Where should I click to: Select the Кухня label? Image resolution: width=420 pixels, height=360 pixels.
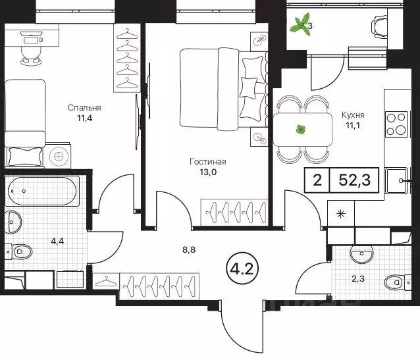[353, 115]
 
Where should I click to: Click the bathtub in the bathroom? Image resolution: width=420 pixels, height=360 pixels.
[43, 192]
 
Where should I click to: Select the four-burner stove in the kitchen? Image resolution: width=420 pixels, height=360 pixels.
[395, 124]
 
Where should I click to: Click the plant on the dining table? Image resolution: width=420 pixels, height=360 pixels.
[301, 130]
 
